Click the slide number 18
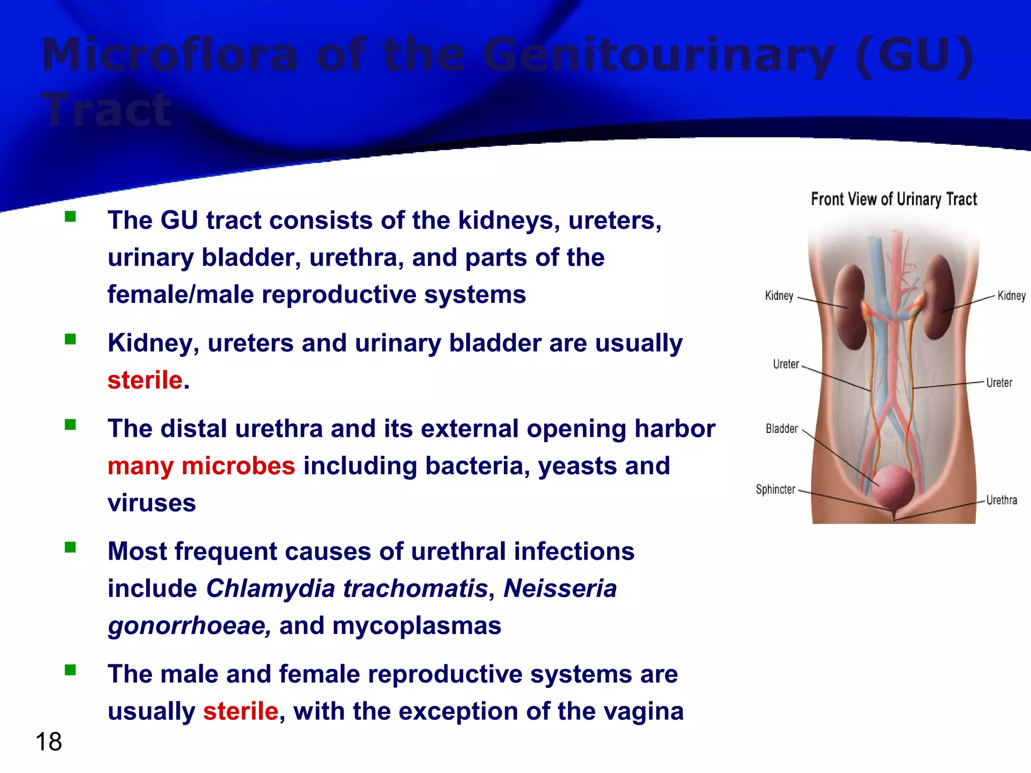click(49, 742)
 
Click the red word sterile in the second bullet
click(145, 380)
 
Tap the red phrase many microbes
click(201, 466)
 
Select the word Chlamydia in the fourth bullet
click(271, 588)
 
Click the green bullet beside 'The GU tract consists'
click(70, 217)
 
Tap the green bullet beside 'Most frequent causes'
click(70, 548)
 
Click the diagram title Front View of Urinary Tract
click(894, 199)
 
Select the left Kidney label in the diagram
click(779, 296)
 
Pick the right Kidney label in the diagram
click(1011, 296)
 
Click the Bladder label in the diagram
click(781, 429)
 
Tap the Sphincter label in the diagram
click(775, 489)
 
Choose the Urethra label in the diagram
click(1001, 500)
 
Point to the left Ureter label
click(786, 364)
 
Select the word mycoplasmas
click(416, 626)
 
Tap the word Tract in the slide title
click(107, 110)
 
